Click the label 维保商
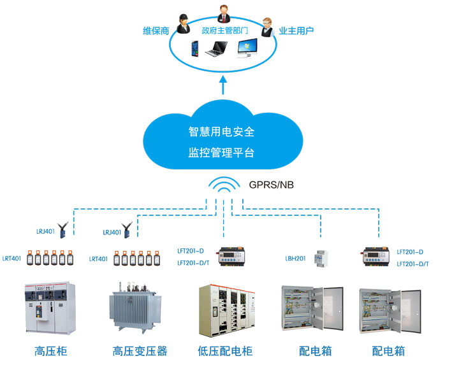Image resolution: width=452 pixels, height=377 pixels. coord(156,30)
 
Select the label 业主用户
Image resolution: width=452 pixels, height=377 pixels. coord(296,30)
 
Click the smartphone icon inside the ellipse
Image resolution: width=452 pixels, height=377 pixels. coord(195,48)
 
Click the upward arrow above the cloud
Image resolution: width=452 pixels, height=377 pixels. coord(223,85)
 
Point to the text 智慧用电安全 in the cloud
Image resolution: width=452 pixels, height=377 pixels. coord(221,132)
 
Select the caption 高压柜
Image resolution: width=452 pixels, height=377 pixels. coord(50,351)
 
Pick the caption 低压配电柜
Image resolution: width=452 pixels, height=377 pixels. coord(225,351)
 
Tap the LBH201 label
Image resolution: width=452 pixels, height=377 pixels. coord(295,259)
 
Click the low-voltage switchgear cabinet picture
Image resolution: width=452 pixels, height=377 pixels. coord(227,310)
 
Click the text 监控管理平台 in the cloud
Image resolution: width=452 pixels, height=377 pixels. coord(221,153)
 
